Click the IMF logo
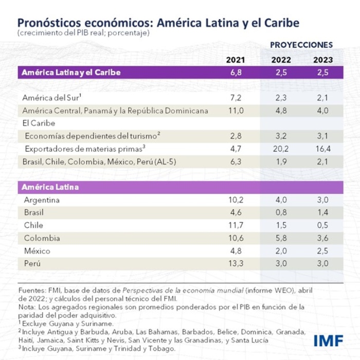click(x=328, y=340)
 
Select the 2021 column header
click(x=236, y=60)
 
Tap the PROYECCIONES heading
click(x=301, y=45)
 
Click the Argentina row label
click(x=42, y=200)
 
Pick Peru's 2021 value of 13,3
click(x=236, y=263)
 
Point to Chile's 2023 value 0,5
click(x=322, y=225)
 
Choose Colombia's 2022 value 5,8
click(x=280, y=238)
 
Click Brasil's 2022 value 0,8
click(x=280, y=212)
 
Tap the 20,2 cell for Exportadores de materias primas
click(x=280, y=149)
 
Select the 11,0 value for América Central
click(x=236, y=111)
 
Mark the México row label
click(x=37, y=251)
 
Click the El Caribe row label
click(x=39, y=123)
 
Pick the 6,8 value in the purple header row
click(x=236, y=73)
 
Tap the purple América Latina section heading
click(x=50, y=187)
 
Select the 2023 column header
click(x=322, y=60)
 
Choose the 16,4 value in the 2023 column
click(x=322, y=149)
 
